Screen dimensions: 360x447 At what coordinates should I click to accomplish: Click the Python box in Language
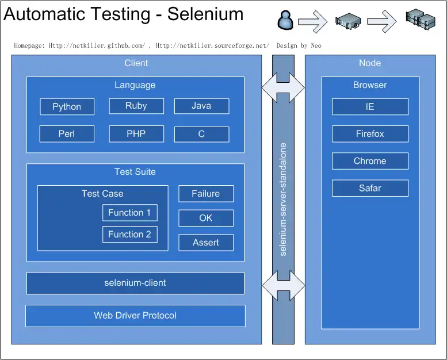point(67,106)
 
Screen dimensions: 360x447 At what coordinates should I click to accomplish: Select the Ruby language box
point(136,106)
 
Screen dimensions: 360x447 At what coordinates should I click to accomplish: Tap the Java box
point(201,106)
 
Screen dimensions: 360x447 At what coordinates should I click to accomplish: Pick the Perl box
point(67,134)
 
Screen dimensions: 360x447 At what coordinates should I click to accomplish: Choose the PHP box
point(136,134)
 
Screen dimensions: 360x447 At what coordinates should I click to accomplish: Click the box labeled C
point(201,134)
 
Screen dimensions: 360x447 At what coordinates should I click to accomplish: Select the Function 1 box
point(129,212)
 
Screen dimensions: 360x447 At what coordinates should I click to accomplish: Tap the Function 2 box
point(129,234)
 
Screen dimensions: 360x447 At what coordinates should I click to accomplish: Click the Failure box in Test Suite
point(206,194)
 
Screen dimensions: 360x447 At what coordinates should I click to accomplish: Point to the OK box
point(206,218)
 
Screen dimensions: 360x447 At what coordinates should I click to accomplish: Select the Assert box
point(206,243)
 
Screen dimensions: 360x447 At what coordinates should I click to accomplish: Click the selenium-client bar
point(135,283)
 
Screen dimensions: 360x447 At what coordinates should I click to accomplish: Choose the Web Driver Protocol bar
point(135,316)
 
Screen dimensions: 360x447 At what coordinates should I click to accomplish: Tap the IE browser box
point(370,106)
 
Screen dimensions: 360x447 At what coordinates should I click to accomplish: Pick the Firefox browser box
point(370,134)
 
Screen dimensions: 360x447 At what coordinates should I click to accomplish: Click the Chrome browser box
point(370,161)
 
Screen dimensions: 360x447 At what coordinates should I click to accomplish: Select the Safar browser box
point(370,188)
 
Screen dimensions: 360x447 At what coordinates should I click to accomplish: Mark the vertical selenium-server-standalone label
point(283,199)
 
